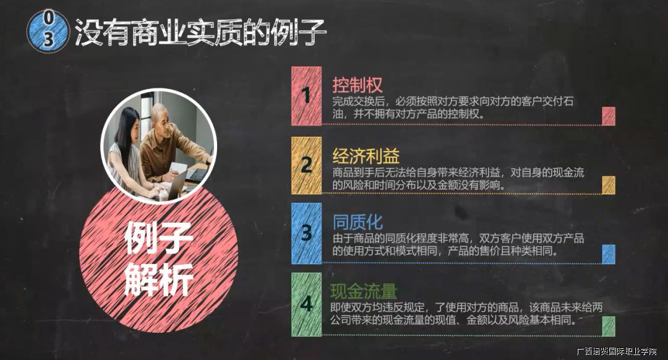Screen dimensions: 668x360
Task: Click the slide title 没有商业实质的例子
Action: [x=200, y=32]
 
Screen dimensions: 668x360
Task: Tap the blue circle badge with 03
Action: [x=48, y=32]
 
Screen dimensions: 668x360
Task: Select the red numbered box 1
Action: [x=306, y=96]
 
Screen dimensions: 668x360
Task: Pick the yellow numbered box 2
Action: [x=306, y=165]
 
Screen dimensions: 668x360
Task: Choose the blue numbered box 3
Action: [x=306, y=233]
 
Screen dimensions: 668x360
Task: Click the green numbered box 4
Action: [x=306, y=304]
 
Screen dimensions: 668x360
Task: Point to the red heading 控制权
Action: [x=358, y=85]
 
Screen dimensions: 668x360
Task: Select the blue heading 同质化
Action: [x=358, y=222]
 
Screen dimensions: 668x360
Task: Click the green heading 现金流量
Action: [x=364, y=292]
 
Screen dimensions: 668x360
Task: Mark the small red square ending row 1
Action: [x=609, y=116]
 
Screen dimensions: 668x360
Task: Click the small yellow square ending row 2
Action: [x=609, y=185]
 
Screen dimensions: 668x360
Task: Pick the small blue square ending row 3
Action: [x=609, y=254]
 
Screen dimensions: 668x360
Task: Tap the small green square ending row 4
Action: [x=609, y=326]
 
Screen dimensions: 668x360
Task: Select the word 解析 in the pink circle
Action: [x=158, y=279]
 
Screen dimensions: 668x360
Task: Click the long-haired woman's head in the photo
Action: [x=127, y=124]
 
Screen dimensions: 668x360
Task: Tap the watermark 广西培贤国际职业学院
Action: [x=616, y=351]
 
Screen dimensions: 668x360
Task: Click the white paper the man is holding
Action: [x=178, y=168]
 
